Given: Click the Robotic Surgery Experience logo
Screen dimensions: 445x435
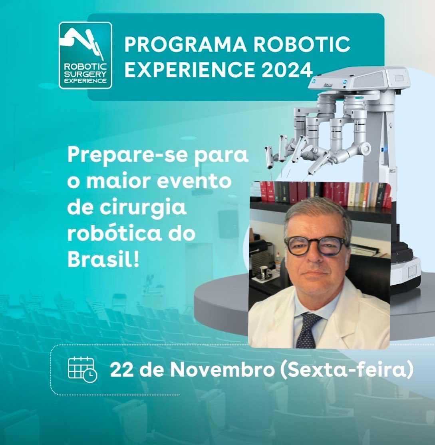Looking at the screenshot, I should (85, 55).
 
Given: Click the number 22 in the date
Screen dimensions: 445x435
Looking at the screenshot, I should (119, 370).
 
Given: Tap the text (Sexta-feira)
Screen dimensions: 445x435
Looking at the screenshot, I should (346, 370).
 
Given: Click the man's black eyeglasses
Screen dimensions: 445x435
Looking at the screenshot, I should (316, 245).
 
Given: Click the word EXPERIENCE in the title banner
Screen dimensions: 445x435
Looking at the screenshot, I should (190, 70).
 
